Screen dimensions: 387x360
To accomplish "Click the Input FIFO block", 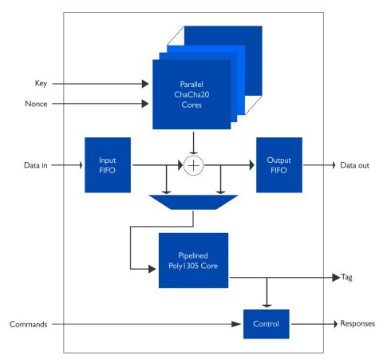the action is coord(108,165).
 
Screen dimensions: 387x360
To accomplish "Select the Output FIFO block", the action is coord(279,165).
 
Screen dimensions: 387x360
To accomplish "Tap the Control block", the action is coord(267,324).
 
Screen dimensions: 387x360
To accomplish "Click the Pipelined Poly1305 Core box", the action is coord(193,260).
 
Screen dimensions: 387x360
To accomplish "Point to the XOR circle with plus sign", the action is coord(194,165).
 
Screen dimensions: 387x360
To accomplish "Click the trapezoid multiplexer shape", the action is coord(193,202).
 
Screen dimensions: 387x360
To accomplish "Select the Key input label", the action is coord(41,83).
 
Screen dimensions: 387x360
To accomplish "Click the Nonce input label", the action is coord(36,104).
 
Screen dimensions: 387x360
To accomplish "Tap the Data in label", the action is coord(36,165).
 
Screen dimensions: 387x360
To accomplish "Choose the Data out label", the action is coord(355,165).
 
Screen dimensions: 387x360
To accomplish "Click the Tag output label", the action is coord(346,277).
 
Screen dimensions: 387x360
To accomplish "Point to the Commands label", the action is coord(29,324).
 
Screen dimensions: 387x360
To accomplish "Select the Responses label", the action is coord(357,323).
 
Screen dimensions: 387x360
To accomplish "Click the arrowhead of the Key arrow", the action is coord(145,84).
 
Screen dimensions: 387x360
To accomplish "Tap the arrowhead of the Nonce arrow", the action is coord(145,104).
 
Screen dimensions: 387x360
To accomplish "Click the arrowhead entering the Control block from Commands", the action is coord(236,324).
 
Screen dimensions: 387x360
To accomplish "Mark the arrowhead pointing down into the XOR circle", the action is coord(194,153).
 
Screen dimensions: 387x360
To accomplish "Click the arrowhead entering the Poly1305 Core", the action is coord(152,269).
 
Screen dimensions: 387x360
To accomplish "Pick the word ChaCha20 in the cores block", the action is coord(192,94).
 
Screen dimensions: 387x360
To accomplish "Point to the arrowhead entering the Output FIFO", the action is coord(251,165).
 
